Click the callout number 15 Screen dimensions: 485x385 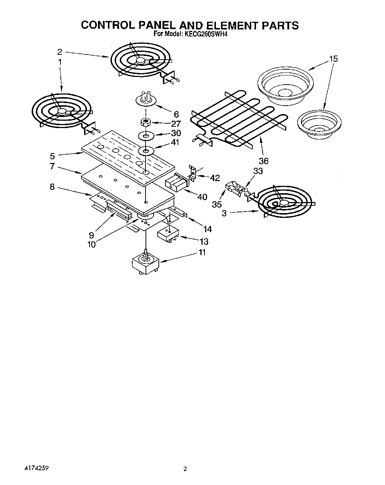[333, 59]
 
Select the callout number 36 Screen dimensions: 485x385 [263, 161]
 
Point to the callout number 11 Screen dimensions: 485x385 [202, 252]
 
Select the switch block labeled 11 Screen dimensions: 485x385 [145, 264]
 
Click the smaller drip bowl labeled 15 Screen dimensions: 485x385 [319, 124]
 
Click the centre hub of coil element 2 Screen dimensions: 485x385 [140, 62]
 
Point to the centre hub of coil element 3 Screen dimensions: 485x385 [283, 203]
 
